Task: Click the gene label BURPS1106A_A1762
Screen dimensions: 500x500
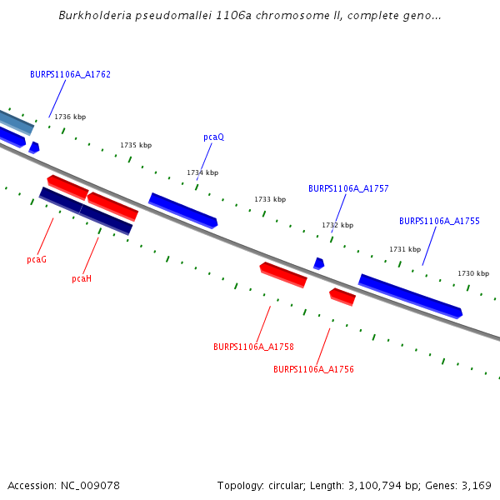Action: pyautogui.click(x=70, y=74)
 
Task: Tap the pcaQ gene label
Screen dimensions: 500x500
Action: pyautogui.click(x=213, y=137)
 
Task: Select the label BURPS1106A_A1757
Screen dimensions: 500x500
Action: pyautogui.click(x=348, y=188)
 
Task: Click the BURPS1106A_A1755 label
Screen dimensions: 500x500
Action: pyautogui.click(x=439, y=221)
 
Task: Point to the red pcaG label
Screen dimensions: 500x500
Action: pyautogui.click(x=37, y=259)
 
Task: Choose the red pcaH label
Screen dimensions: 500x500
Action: pyautogui.click(x=82, y=278)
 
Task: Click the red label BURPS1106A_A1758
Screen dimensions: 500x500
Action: pyautogui.click(x=253, y=347)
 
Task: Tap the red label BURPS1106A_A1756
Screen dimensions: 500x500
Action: pyautogui.click(x=313, y=368)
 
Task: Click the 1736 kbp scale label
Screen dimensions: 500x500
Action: pyautogui.click(x=70, y=117)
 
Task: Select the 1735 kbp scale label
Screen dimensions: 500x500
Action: pyautogui.click(x=136, y=145)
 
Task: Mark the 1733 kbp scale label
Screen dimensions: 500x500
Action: pyautogui.click(x=270, y=199)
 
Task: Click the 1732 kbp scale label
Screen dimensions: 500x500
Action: pyautogui.click(x=337, y=225)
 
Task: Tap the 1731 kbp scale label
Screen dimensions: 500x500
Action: pyautogui.click(x=405, y=249)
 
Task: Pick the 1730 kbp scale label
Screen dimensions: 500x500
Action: pyautogui.click(x=473, y=273)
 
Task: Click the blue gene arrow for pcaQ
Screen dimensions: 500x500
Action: pyautogui.click(x=183, y=211)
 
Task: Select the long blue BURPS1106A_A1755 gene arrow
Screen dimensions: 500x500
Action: pyautogui.click(x=410, y=296)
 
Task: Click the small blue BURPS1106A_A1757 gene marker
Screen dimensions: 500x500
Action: pyautogui.click(x=318, y=263)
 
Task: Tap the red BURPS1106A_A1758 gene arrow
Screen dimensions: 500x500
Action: pyautogui.click(x=283, y=274)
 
